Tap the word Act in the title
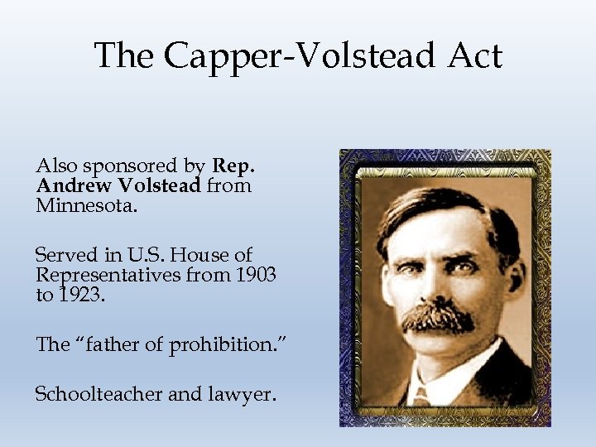475,56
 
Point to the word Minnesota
84,204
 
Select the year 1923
79,295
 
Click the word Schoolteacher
99,394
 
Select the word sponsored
132,166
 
